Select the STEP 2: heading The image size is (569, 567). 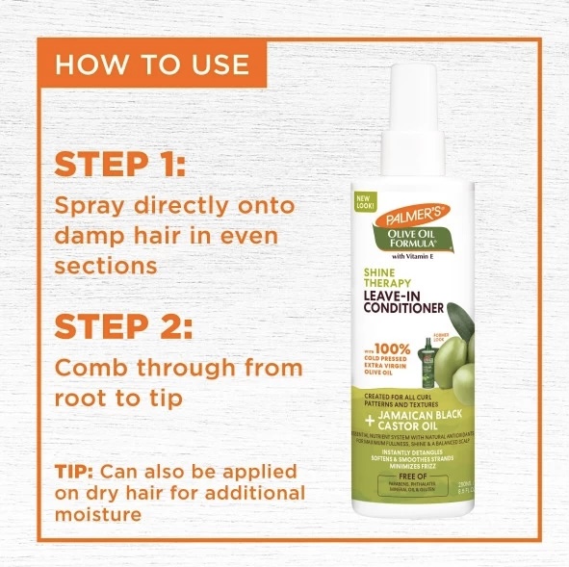click(x=122, y=325)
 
